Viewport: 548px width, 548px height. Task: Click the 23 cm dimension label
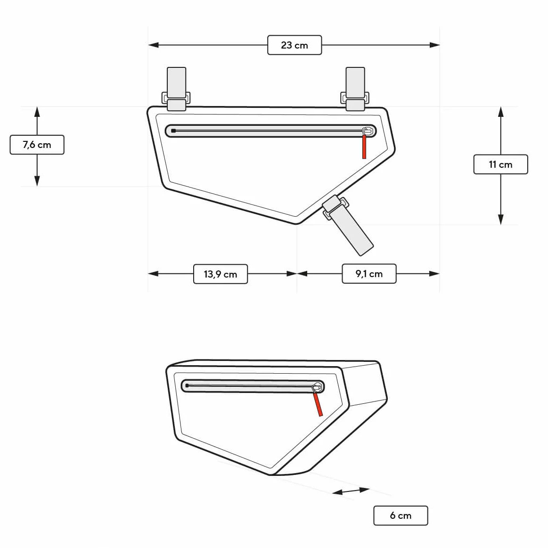[294, 45]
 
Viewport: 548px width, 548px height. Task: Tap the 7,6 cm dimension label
[37, 145]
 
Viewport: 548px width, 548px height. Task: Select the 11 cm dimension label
[500, 164]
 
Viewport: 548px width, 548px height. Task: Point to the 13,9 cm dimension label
[221, 274]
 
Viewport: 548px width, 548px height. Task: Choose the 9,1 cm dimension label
[369, 274]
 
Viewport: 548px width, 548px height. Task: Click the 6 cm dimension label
[401, 515]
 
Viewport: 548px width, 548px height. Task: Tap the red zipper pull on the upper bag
[364, 147]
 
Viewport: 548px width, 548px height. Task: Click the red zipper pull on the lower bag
[318, 404]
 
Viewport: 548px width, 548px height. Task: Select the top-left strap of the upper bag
[176, 89]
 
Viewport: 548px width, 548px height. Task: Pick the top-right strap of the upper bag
[355, 89]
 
